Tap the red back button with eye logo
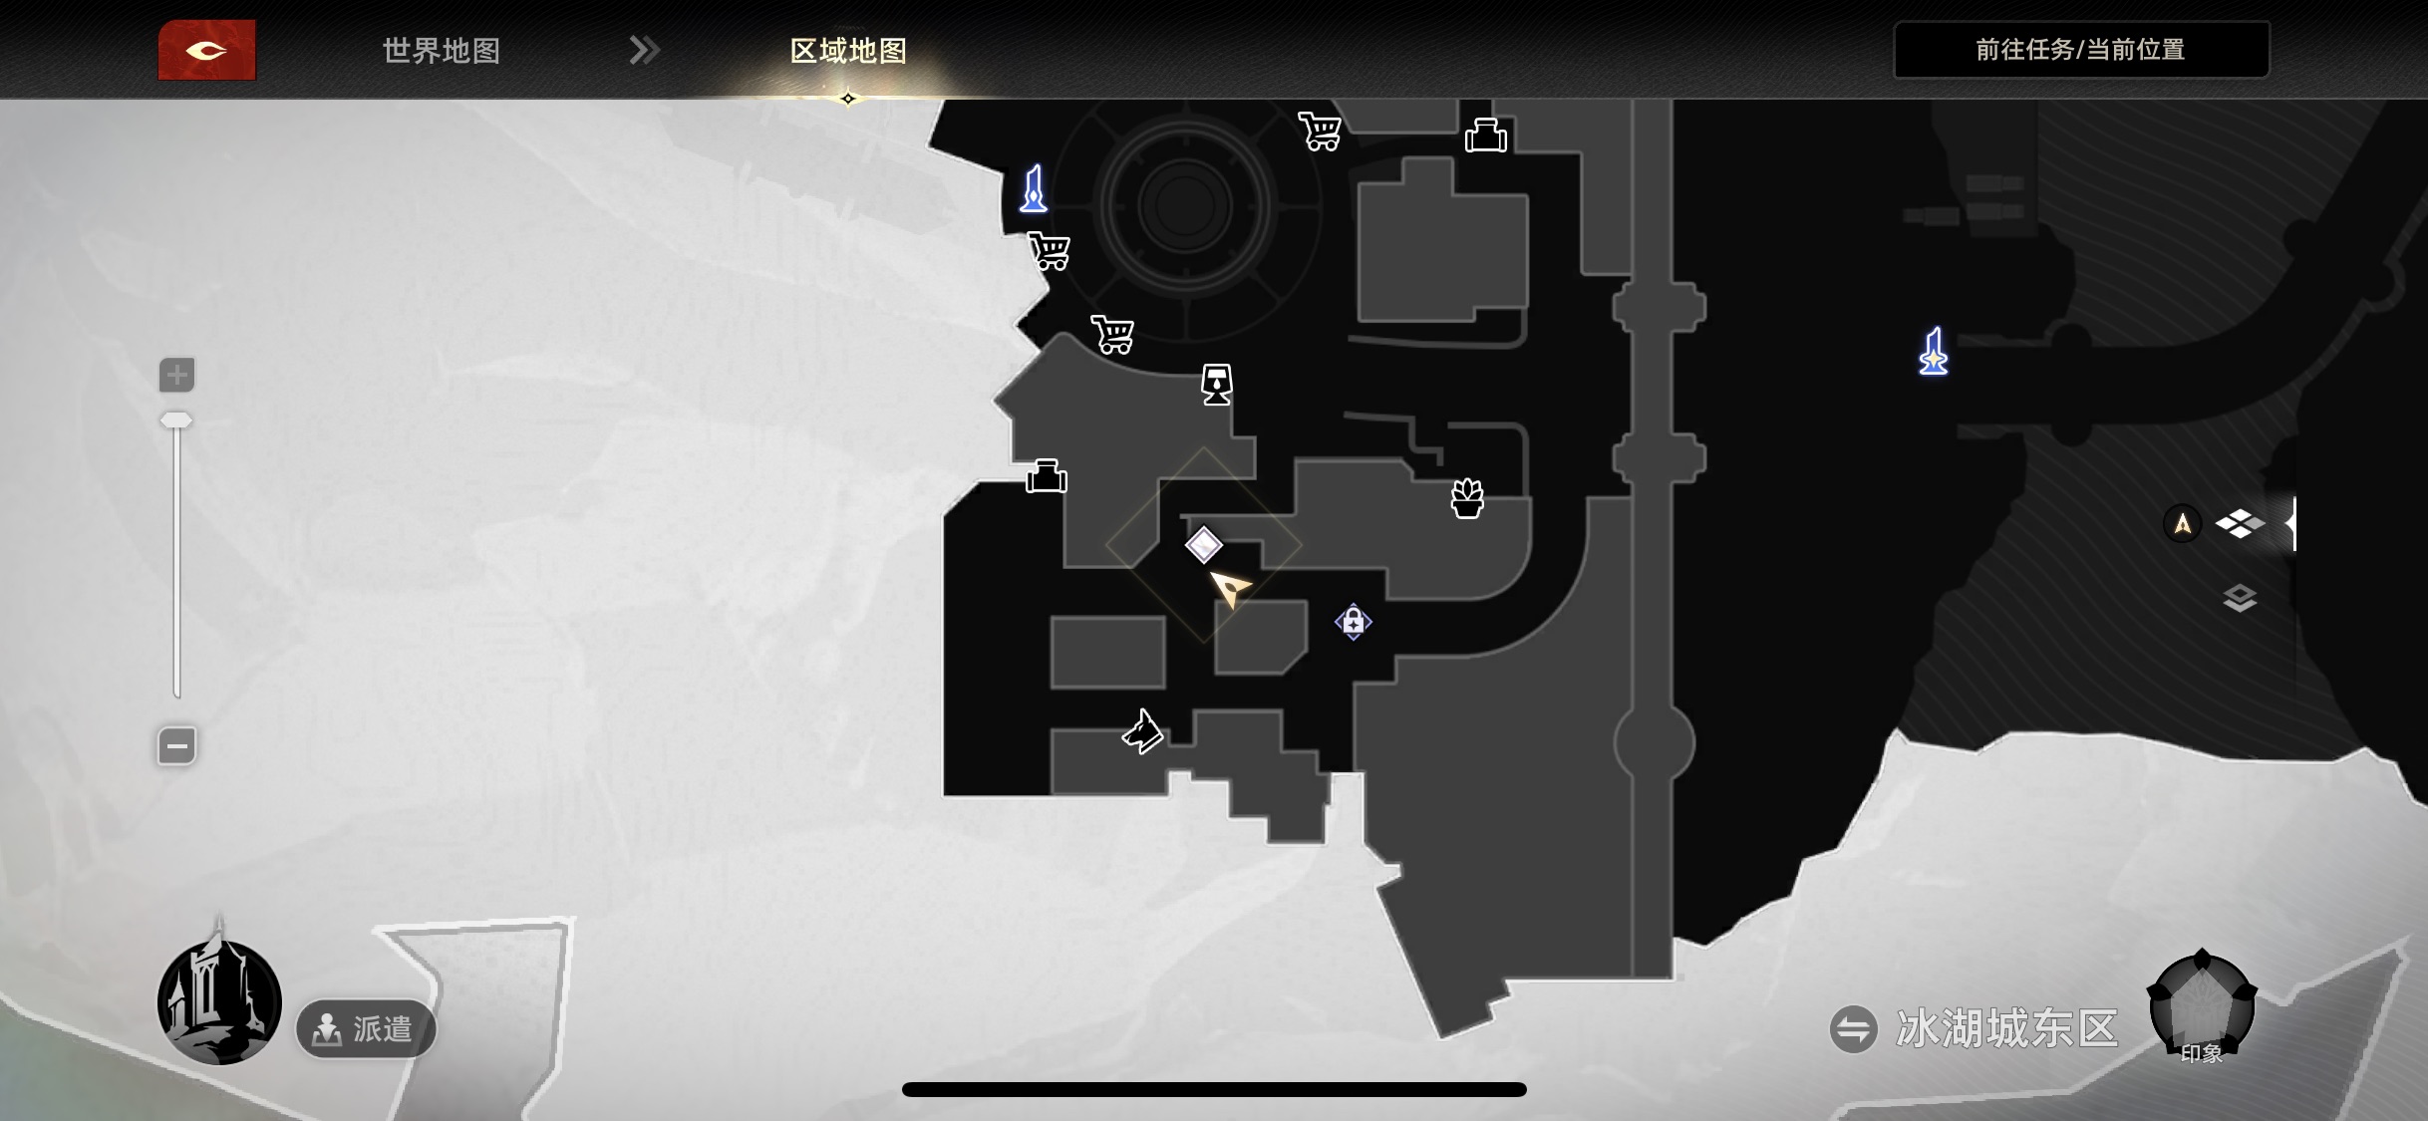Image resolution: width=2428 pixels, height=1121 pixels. tap(206, 50)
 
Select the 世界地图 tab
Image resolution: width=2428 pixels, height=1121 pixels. tap(442, 51)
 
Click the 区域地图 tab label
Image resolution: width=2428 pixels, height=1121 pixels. tap(848, 51)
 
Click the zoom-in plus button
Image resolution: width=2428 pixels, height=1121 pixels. tap(177, 376)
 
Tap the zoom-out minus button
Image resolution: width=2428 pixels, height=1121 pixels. tap(177, 745)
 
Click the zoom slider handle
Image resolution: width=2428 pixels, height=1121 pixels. tap(176, 420)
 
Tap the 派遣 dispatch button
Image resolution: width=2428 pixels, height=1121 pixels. tap(366, 1028)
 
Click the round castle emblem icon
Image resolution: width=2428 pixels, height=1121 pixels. tap(219, 999)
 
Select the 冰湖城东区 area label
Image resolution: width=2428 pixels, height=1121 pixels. tap(2006, 1028)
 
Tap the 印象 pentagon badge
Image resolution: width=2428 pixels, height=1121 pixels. tap(2202, 1006)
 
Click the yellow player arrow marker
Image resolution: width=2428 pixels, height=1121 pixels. tap(1231, 587)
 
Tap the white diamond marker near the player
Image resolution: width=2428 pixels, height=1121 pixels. tap(1204, 545)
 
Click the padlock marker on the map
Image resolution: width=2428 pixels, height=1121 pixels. tap(1354, 622)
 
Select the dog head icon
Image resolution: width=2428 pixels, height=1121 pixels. tap(1142, 731)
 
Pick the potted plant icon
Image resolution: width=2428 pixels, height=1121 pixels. tap(1467, 498)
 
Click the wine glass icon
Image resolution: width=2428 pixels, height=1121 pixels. tap(1217, 385)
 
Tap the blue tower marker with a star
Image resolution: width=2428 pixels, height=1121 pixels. tap(1934, 351)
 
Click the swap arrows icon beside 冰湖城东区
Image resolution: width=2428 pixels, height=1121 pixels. tap(1854, 1029)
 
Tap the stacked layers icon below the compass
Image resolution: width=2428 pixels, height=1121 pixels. tap(2240, 598)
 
